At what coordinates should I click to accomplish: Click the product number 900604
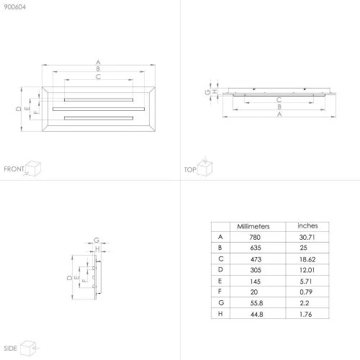[14, 7]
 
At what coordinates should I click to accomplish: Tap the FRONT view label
[14, 169]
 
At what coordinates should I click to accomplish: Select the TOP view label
[190, 170]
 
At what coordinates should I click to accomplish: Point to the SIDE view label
[10, 348]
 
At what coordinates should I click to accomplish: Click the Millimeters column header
[253, 226]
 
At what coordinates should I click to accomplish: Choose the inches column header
[307, 225]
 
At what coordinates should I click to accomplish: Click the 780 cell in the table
[255, 238]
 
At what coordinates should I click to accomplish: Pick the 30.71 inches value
[307, 238]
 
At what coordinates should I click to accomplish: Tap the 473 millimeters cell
[256, 259]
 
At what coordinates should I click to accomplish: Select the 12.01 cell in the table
[307, 270]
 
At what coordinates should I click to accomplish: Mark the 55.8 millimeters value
[256, 303]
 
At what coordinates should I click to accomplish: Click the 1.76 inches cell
[306, 315]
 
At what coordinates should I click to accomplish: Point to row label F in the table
[220, 292]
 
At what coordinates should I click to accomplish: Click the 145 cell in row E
[255, 282]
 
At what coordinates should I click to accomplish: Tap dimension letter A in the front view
[98, 62]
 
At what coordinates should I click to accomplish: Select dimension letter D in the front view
[19, 109]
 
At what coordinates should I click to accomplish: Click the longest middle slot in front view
[99, 109]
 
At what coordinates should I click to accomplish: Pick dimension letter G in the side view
[96, 240]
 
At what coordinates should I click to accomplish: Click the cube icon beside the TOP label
[204, 166]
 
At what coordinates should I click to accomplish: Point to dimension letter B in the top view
[279, 107]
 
